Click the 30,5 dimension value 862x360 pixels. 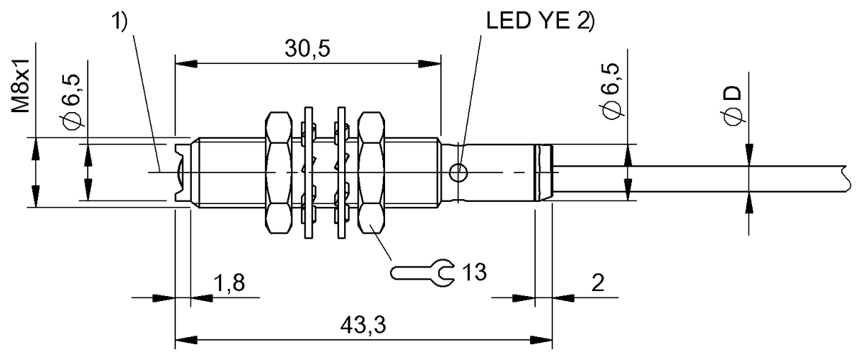point(307,50)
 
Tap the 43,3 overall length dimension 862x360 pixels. point(363,326)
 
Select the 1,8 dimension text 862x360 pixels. point(229,283)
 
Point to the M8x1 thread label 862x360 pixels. point(20,86)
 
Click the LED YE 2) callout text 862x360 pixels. point(540,21)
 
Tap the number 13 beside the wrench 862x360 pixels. point(474,272)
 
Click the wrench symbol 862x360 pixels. point(422,272)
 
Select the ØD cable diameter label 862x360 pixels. point(733,105)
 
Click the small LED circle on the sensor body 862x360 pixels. point(458,172)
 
